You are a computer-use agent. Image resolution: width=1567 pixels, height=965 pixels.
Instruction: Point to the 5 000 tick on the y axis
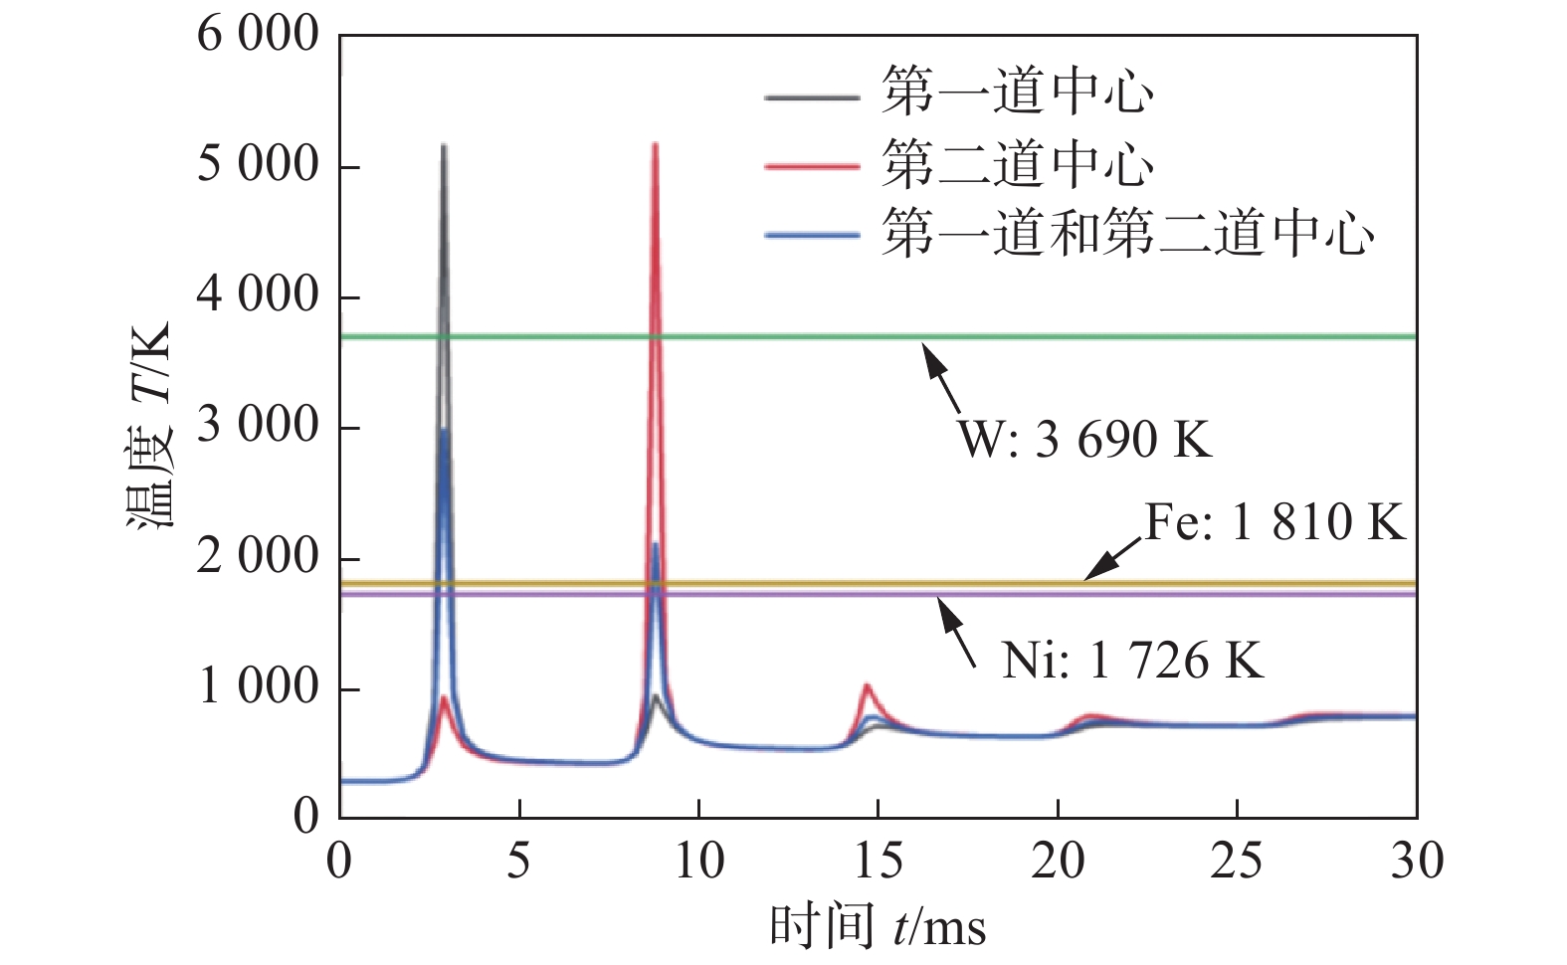coord(257,165)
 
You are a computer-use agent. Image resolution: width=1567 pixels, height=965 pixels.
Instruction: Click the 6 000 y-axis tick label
coord(257,35)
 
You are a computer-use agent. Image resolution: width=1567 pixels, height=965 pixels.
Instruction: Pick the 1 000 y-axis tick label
coord(257,687)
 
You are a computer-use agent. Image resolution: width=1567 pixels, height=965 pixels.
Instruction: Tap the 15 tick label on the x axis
coord(879,862)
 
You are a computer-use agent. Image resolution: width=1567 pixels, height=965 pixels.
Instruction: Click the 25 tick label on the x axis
coord(1237,862)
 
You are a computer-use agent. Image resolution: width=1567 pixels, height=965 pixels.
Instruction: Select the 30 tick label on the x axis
coord(1416,862)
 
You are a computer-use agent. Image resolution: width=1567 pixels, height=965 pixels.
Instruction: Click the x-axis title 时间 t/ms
coord(878,927)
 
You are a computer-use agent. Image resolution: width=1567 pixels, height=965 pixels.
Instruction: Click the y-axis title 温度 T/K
coord(149,426)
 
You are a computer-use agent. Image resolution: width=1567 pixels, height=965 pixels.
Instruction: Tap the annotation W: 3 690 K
coord(1084,439)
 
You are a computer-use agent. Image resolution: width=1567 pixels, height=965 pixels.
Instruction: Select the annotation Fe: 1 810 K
coord(1274,522)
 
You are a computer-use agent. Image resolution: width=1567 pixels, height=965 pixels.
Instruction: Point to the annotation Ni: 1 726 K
coord(1132,660)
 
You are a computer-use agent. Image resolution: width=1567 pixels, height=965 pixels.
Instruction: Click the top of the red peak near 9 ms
coord(655,145)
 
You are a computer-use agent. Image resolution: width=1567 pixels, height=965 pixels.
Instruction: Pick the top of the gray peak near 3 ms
coord(444,146)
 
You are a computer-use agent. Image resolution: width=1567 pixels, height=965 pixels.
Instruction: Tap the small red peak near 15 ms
coord(868,685)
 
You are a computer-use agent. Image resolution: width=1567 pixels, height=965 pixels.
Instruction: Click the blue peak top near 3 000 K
coord(444,430)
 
